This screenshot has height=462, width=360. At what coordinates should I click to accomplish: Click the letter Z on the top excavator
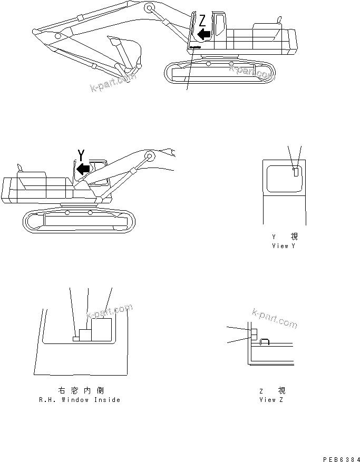[202, 21]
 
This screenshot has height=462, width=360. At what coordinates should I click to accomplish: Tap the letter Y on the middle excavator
[81, 155]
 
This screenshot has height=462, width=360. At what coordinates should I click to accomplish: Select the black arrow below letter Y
[83, 169]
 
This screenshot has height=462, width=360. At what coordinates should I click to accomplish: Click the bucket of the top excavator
[127, 50]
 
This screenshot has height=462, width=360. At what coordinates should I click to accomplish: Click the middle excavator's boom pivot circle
[149, 156]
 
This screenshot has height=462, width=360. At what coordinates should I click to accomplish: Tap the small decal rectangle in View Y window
[296, 171]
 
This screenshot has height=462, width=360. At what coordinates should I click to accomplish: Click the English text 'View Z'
[271, 400]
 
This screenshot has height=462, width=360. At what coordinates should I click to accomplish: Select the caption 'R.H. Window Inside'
[80, 400]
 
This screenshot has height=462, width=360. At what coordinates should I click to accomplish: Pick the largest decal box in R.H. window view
[101, 330]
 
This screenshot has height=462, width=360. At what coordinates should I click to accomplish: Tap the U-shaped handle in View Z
[265, 342]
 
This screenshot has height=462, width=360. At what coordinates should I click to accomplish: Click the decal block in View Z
[254, 335]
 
